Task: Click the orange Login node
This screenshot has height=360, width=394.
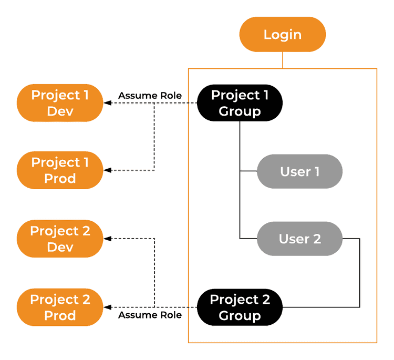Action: tap(283, 35)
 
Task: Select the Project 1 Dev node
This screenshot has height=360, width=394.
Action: tap(60, 103)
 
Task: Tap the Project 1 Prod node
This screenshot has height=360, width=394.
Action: tap(60, 170)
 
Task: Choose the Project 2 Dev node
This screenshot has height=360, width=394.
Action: tap(60, 239)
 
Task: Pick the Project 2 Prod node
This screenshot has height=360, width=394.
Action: tap(60, 307)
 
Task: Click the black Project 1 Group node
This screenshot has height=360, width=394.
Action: tap(240, 103)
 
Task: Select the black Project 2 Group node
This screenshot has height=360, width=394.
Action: tap(240, 307)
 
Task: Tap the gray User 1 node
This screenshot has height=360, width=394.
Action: tap(299, 171)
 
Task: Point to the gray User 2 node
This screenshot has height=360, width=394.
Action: tap(299, 239)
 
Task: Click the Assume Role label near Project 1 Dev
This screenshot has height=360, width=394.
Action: tap(150, 96)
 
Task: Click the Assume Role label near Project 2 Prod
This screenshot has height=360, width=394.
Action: tap(150, 315)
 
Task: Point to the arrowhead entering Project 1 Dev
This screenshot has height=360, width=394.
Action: tap(107, 103)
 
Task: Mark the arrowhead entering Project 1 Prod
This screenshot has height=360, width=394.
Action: tap(107, 170)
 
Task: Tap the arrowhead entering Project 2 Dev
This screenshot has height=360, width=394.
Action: tap(107, 239)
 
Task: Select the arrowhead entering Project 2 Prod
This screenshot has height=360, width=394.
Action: tap(107, 307)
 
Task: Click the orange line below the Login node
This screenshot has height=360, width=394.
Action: tap(283, 60)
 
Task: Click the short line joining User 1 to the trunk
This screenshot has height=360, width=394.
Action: tap(248, 171)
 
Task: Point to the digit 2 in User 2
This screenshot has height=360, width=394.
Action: tap(317, 239)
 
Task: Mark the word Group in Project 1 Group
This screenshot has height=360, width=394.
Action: tap(240, 111)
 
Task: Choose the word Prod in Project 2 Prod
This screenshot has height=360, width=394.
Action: tap(60, 315)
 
